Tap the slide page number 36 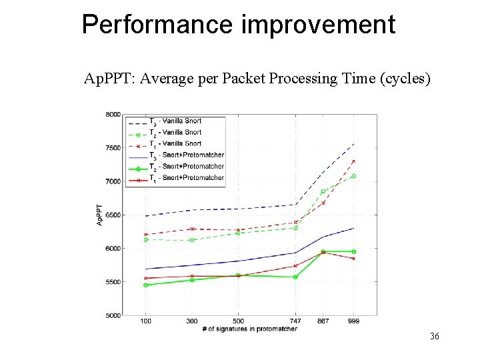click(434, 337)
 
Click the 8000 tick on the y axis click(113, 115)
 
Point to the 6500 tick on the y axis click(113, 215)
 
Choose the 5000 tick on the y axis click(113, 315)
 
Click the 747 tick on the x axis click(295, 321)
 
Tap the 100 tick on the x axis click(145, 321)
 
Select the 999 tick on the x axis click(353, 321)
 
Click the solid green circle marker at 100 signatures click(145, 285)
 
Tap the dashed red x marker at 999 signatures click(353, 161)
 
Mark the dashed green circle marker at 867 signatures click(323, 191)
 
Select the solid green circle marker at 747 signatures click(295, 277)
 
